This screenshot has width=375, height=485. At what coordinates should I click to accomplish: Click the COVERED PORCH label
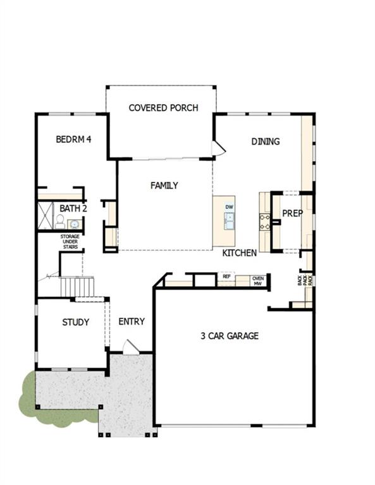click(x=163, y=108)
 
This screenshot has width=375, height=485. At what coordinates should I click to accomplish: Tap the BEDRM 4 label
click(x=73, y=139)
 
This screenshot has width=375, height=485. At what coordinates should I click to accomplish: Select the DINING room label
click(x=266, y=141)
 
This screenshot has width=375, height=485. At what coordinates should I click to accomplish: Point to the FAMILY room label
click(x=164, y=186)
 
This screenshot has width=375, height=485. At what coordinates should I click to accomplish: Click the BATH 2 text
click(x=73, y=208)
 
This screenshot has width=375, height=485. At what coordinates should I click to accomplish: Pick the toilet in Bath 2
click(x=59, y=221)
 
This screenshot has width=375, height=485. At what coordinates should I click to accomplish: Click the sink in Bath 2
click(x=74, y=224)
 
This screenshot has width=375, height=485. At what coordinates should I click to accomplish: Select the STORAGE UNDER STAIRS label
click(x=70, y=241)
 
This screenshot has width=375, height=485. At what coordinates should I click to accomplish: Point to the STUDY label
click(x=75, y=322)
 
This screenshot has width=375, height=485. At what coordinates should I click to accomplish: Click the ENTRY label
click(x=132, y=321)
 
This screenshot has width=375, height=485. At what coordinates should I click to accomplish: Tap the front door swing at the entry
click(x=130, y=346)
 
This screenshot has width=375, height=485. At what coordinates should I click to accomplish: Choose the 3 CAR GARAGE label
click(x=230, y=336)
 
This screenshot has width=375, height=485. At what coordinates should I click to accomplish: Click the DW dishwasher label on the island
click(x=230, y=207)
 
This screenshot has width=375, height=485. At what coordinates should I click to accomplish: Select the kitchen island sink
click(x=229, y=220)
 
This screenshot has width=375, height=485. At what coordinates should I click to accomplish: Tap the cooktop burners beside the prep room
click(x=264, y=220)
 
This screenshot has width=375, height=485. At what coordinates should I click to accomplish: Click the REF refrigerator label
click(x=226, y=277)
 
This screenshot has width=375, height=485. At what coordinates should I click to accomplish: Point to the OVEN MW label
click(x=257, y=280)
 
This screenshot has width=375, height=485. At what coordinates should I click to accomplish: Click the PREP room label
click(x=292, y=213)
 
